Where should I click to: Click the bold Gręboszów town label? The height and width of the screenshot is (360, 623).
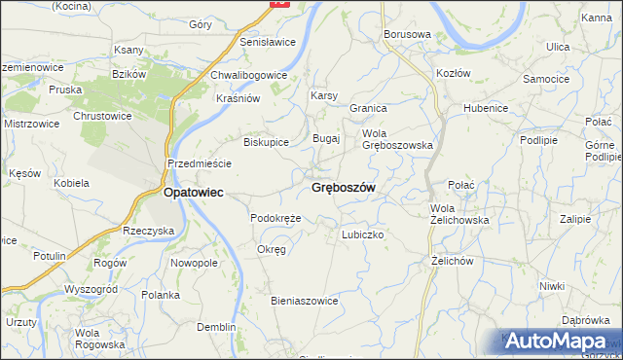pos(344,187)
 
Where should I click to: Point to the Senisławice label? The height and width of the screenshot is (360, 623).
pos(268,43)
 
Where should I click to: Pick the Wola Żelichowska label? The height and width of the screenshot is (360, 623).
pos(459,214)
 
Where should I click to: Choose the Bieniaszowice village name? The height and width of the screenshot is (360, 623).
pos(304,301)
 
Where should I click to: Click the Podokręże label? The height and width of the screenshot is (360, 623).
pos(275,218)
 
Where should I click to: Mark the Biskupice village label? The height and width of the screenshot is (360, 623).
pos(266,142)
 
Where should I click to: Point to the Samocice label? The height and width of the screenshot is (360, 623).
pos(546,78)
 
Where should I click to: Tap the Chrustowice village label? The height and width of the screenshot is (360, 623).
pos(102,116)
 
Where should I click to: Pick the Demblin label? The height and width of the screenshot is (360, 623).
pos(215,327)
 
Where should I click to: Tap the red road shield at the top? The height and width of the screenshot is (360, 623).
pos(279,3)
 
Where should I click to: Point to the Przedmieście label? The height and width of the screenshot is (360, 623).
pos(199,164)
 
